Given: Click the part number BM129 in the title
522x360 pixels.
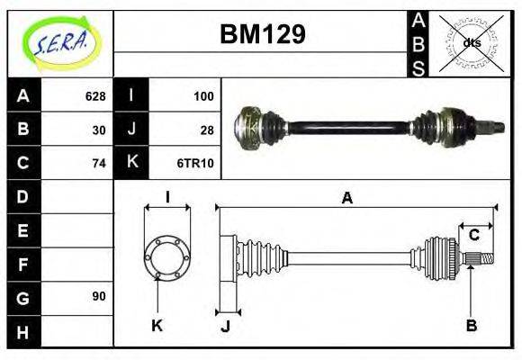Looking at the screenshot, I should (x=263, y=35).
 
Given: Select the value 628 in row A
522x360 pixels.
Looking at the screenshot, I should (x=95, y=96).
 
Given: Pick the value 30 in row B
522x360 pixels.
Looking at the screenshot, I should (x=99, y=130).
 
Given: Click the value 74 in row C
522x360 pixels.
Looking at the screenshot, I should (x=99, y=163).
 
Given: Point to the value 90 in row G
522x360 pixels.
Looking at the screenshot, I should (x=99, y=296).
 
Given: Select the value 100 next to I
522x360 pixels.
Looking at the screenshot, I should (x=203, y=96).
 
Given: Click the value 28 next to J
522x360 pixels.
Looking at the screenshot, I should (x=207, y=130).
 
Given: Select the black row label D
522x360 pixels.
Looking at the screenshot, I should (x=22, y=196).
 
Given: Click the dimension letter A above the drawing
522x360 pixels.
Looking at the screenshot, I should (x=347, y=199).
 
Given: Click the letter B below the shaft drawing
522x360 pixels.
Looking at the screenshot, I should (x=471, y=325).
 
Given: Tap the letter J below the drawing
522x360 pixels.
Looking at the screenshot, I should (x=226, y=326).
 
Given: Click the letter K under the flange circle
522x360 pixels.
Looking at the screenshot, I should (x=157, y=325).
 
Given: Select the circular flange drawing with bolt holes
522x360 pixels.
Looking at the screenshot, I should (x=167, y=256).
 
